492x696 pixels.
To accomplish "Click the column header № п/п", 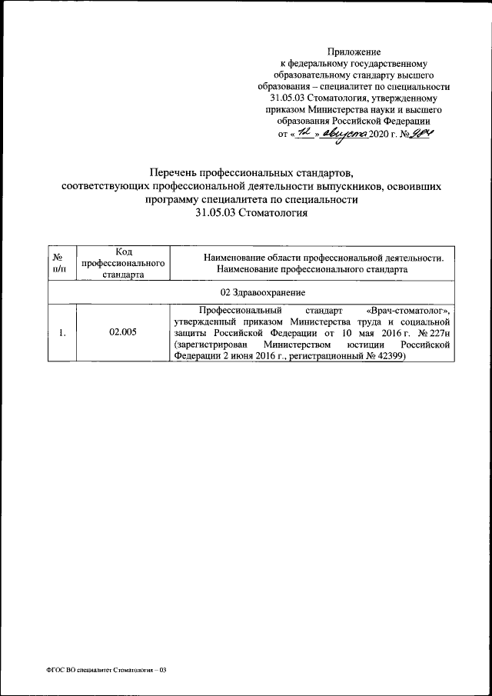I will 58,263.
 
